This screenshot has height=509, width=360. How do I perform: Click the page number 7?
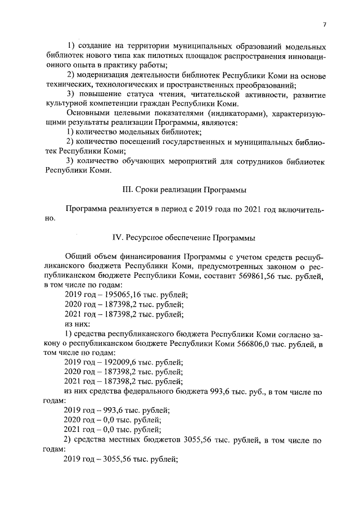[x=325, y=24]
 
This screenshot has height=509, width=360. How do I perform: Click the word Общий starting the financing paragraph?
[x=78, y=258]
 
